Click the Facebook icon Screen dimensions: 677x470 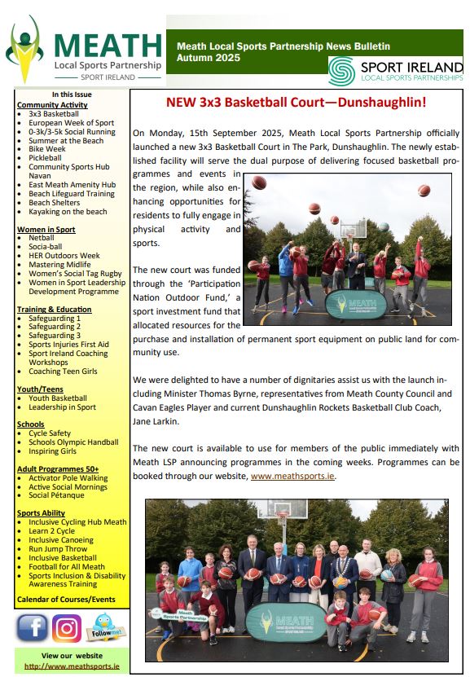[x=33, y=628]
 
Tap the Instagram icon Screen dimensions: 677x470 [x=67, y=628]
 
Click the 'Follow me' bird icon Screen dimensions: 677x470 [x=102, y=628]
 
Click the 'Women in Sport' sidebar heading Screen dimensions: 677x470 [x=46, y=230]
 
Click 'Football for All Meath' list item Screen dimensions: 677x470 [x=67, y=567]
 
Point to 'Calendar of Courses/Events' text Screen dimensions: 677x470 [x=66, y=600]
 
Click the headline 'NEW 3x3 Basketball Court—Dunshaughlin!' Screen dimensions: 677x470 [x=296, y=103]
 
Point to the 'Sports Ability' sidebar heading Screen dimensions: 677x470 [x=41, y=512]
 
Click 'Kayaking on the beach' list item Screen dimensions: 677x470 [x=68, y=213]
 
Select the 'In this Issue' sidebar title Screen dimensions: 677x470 [x=72, y=95]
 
